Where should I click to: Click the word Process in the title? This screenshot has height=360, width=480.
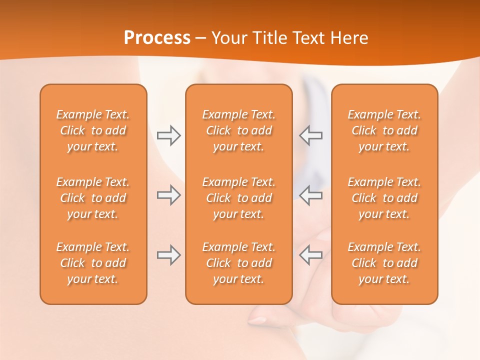click(157, 38)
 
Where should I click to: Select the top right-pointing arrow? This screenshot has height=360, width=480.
click(169, 135)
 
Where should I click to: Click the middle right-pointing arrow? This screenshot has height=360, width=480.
click(169, 195)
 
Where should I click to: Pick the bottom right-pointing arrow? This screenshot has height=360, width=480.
click(169, 255)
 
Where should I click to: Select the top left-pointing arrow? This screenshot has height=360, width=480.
click(311, 135)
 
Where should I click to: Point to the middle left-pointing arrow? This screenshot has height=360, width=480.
click(311, 195)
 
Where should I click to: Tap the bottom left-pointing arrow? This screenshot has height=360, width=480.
click(311, 255)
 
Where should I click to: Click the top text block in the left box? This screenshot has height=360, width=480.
click(93, 130)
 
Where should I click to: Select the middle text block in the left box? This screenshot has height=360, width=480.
click(93, 198)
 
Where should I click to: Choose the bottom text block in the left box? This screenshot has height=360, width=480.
click(93, 263)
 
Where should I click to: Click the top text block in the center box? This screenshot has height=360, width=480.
click(238, 130)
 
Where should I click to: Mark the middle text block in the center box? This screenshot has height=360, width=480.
click(238, 198)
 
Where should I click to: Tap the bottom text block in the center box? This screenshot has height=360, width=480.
click(238, 263)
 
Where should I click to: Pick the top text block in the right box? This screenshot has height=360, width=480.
click(384, 130)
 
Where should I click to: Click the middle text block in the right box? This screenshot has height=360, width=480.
click(384, 198)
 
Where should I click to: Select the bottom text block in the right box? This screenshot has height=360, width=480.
click(384, 263)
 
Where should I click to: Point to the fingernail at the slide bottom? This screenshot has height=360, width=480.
click(258, 319)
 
